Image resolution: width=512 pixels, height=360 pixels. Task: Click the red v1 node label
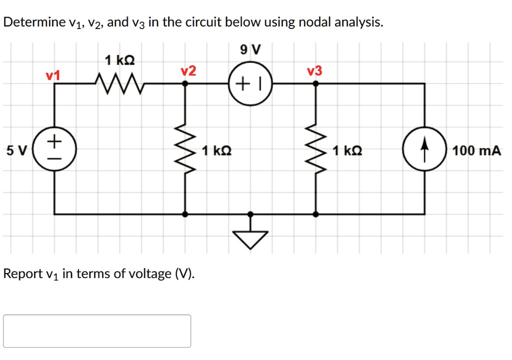click(52, 75)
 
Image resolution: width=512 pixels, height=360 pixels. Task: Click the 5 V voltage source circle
click(54, 149)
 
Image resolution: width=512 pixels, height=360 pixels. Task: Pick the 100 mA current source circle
click(424, 149)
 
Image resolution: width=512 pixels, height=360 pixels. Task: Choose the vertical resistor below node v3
click(315, 149)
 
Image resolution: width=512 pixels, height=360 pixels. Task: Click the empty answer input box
click(97, 330)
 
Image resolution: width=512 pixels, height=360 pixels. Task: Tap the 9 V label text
click(250, 49)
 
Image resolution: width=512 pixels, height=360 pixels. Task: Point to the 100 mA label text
click(476, 150)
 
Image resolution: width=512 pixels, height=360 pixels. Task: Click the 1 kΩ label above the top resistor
click(119, 61)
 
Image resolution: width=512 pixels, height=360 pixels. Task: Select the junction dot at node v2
click(185, 83)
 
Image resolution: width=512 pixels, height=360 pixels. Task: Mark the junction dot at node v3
click(315, 83)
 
